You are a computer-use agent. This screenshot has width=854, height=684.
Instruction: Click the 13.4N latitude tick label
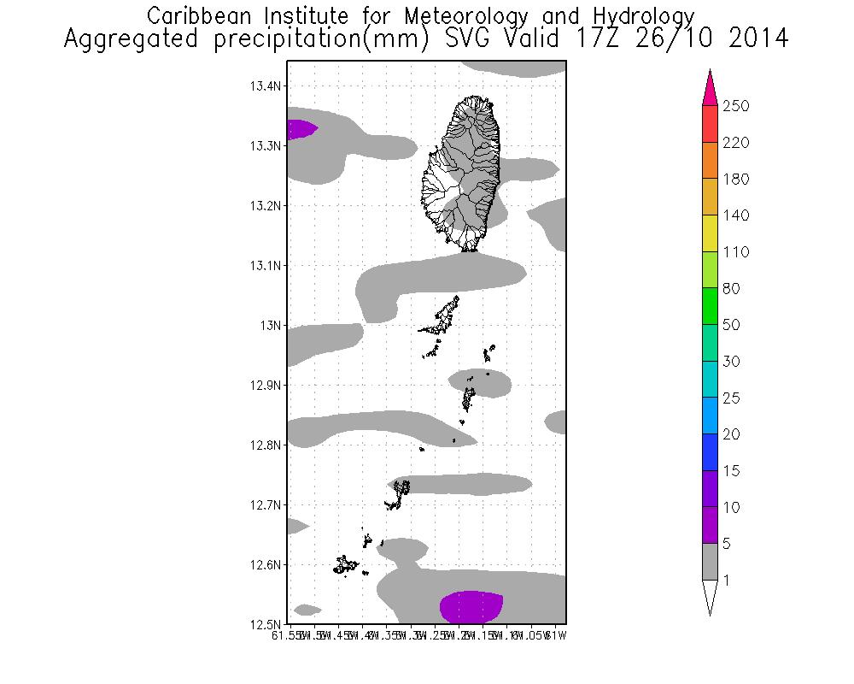tap(266, 86)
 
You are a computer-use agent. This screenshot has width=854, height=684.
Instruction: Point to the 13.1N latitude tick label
tap(266, 266)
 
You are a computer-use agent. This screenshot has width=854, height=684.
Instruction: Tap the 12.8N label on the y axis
tap(266, 445)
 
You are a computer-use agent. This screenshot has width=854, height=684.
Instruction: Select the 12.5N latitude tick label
tap(266, 624)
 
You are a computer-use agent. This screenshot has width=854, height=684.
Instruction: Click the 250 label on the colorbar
tap(735, 106)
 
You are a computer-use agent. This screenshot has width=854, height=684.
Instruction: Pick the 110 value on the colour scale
tap(735, 252)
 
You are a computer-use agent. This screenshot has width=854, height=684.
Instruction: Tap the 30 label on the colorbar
tap(732, 362)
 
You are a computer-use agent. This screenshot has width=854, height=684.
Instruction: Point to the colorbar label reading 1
tap(725, 581)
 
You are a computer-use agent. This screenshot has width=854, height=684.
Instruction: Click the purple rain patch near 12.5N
tap(471, 606)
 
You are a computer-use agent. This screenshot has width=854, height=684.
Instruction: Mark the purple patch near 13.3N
tap(300, 129)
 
